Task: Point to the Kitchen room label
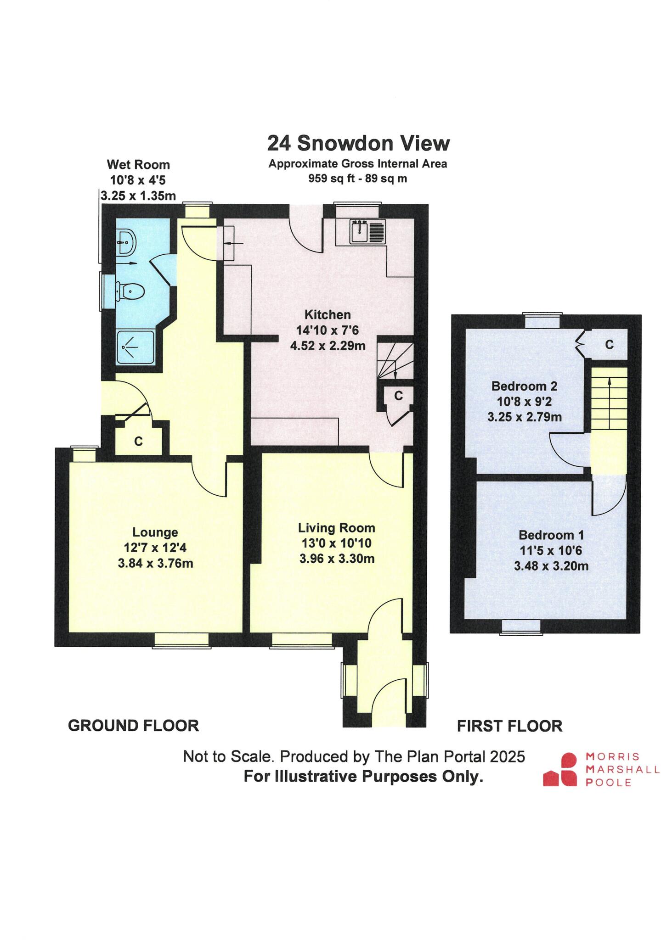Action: [328, 315]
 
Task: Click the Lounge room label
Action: [155, 532]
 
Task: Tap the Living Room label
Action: [336, 528]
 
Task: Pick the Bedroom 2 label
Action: [524, 386]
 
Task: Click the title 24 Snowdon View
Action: [358, 143]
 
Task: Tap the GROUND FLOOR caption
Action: [133, 726]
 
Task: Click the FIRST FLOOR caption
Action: [509, 726]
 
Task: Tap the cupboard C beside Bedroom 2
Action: [609, 344]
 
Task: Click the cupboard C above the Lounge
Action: [138, 441]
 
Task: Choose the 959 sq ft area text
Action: [357, 179]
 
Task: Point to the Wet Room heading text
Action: [138, 165]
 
